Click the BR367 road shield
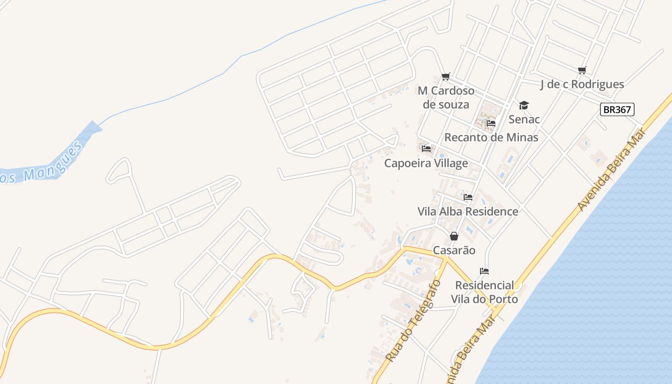tap(617, 109)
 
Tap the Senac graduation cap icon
tap(524, 105)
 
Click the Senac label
tap(524, 119)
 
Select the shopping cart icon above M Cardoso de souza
tap(446, 76)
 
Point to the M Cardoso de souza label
tap(446, 97)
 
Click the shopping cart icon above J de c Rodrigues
tap(582, 71)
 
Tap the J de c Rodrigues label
tap(582, 84)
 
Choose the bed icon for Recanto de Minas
tap(491, 123)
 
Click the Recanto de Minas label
tap(491, 137)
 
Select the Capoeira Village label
tap(426, 163)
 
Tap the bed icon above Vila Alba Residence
tap(468, 197)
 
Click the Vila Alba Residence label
tap(468, 212)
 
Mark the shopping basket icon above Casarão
tap(454, 236)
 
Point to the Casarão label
tap(454, 251)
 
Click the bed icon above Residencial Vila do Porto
tap(484, 271)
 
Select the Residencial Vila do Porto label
tap(484, 292)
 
